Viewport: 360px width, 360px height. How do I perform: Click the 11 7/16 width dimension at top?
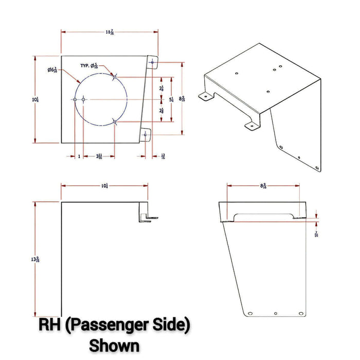[x=110, y=32]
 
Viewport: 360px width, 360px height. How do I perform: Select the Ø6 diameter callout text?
[x=52, y=70]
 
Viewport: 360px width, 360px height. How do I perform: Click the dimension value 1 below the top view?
[x=79, y=156]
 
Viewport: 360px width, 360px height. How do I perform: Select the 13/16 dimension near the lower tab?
[x=163, y=156]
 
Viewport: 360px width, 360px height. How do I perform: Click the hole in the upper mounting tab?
[x=152, y=62]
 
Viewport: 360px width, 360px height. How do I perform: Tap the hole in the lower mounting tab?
[x=146, y=135]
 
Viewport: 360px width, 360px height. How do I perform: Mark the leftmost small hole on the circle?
[x=76, y=99]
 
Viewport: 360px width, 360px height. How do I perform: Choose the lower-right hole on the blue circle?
[x=114, y=122]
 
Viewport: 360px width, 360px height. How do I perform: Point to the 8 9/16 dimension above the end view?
[x=263, y=186]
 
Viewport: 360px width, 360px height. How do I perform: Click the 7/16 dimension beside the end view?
[x=316, y=234]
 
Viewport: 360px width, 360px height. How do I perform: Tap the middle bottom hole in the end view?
[x=276, y=313]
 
